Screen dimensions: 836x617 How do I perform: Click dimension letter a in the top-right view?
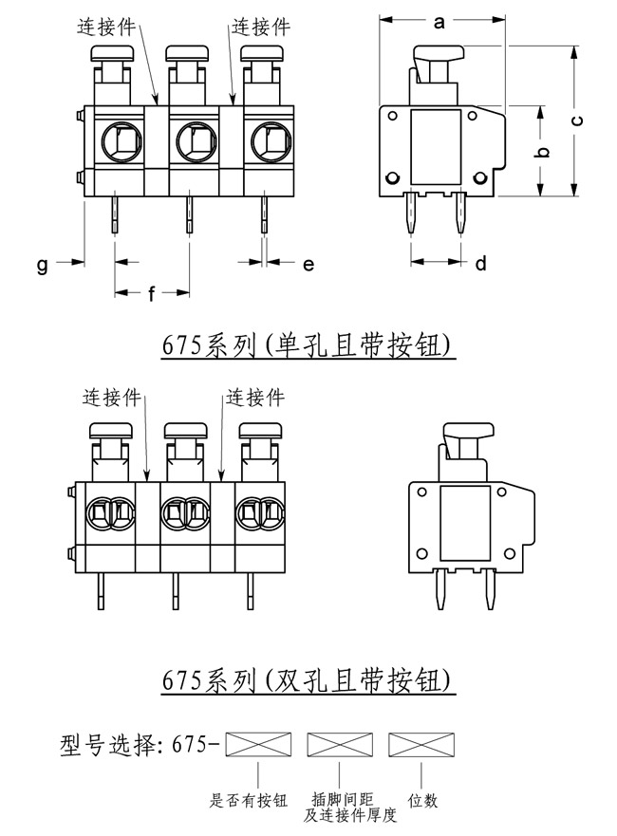click(x=439, y=23)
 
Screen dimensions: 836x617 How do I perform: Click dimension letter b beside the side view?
click(x=540, y=152)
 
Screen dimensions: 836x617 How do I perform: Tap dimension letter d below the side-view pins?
click(x=481, y=264)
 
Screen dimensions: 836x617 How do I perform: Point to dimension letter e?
click(x=308, y=265)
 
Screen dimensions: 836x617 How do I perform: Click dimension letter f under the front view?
click(x=152, y=293)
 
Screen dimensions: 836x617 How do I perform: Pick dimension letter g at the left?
click(x=42, y=266)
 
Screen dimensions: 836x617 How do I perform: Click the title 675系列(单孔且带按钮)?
click(x=309, y=346)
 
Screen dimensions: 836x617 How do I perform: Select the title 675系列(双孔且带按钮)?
click(x=309, y=680)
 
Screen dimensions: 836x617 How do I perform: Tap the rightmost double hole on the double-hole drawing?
click(x=257, y=515)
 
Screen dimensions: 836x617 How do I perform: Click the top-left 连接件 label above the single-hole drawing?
click(x=106, y=28)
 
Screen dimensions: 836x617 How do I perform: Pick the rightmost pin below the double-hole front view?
click(x=250, y=594)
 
